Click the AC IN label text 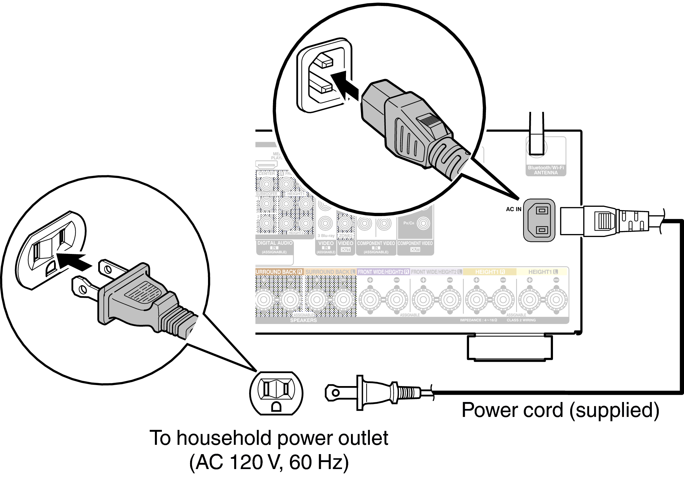[x=513, y=209]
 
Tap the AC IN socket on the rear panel [x=539, y=220]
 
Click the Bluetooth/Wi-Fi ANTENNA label [x=546, y=170]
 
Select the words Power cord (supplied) [x=560, y=410]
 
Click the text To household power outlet [x=269, y=438]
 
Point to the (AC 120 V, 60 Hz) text [x=269, y=462]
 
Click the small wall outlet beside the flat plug [x=276, y=393]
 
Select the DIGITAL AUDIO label [x=275, y=243]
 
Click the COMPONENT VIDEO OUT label [x=415, y=246]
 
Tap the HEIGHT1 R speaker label [x=490, y=272]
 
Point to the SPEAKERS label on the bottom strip [x=303, y=320]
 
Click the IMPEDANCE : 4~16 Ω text [x=478, y=320]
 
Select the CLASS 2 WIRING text [x=521, y=320]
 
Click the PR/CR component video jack [x=423, y=223]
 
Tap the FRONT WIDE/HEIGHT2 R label [x=383, y=272]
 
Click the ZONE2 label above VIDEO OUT [x=345, y=236]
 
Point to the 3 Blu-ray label [x=326, y=236]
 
